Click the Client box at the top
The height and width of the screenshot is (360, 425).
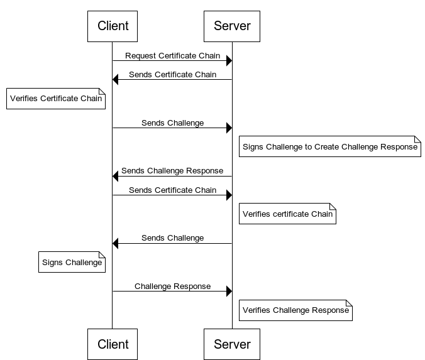(x=113, y=26)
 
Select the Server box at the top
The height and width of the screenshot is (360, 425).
(x=232, y=26)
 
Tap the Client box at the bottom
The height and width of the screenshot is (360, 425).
(x=113, y=344)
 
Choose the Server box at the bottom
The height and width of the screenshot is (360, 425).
(x=232, y=344)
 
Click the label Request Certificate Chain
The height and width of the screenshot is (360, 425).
(x=172, y=56)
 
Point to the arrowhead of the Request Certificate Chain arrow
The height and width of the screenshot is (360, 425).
(x=229, y=61)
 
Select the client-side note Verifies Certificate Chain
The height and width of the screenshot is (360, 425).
(x=55, y=99)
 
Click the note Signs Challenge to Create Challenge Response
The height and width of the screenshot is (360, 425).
(x=329, y=147)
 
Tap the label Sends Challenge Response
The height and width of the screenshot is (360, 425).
(x=172, y=170)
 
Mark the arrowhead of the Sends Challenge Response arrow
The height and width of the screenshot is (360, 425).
(x=116, y=176)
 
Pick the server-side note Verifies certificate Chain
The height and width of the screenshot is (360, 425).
(x=287, y=214)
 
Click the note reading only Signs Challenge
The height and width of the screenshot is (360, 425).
(x=72, y=263)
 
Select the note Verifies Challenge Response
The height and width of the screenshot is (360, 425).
(x=295, y=310)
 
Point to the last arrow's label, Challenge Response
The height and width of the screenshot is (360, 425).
(x=172, y=286)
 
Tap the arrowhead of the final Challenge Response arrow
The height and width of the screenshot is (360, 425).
(x=229, y=291)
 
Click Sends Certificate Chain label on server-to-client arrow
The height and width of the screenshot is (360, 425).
(x=172, y=75)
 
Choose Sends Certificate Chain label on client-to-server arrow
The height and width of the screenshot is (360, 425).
(x=172, y=190)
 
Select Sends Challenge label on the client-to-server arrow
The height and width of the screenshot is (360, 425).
(x=172, y=123)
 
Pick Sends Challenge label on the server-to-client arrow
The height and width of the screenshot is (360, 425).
(x=172, y=238)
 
